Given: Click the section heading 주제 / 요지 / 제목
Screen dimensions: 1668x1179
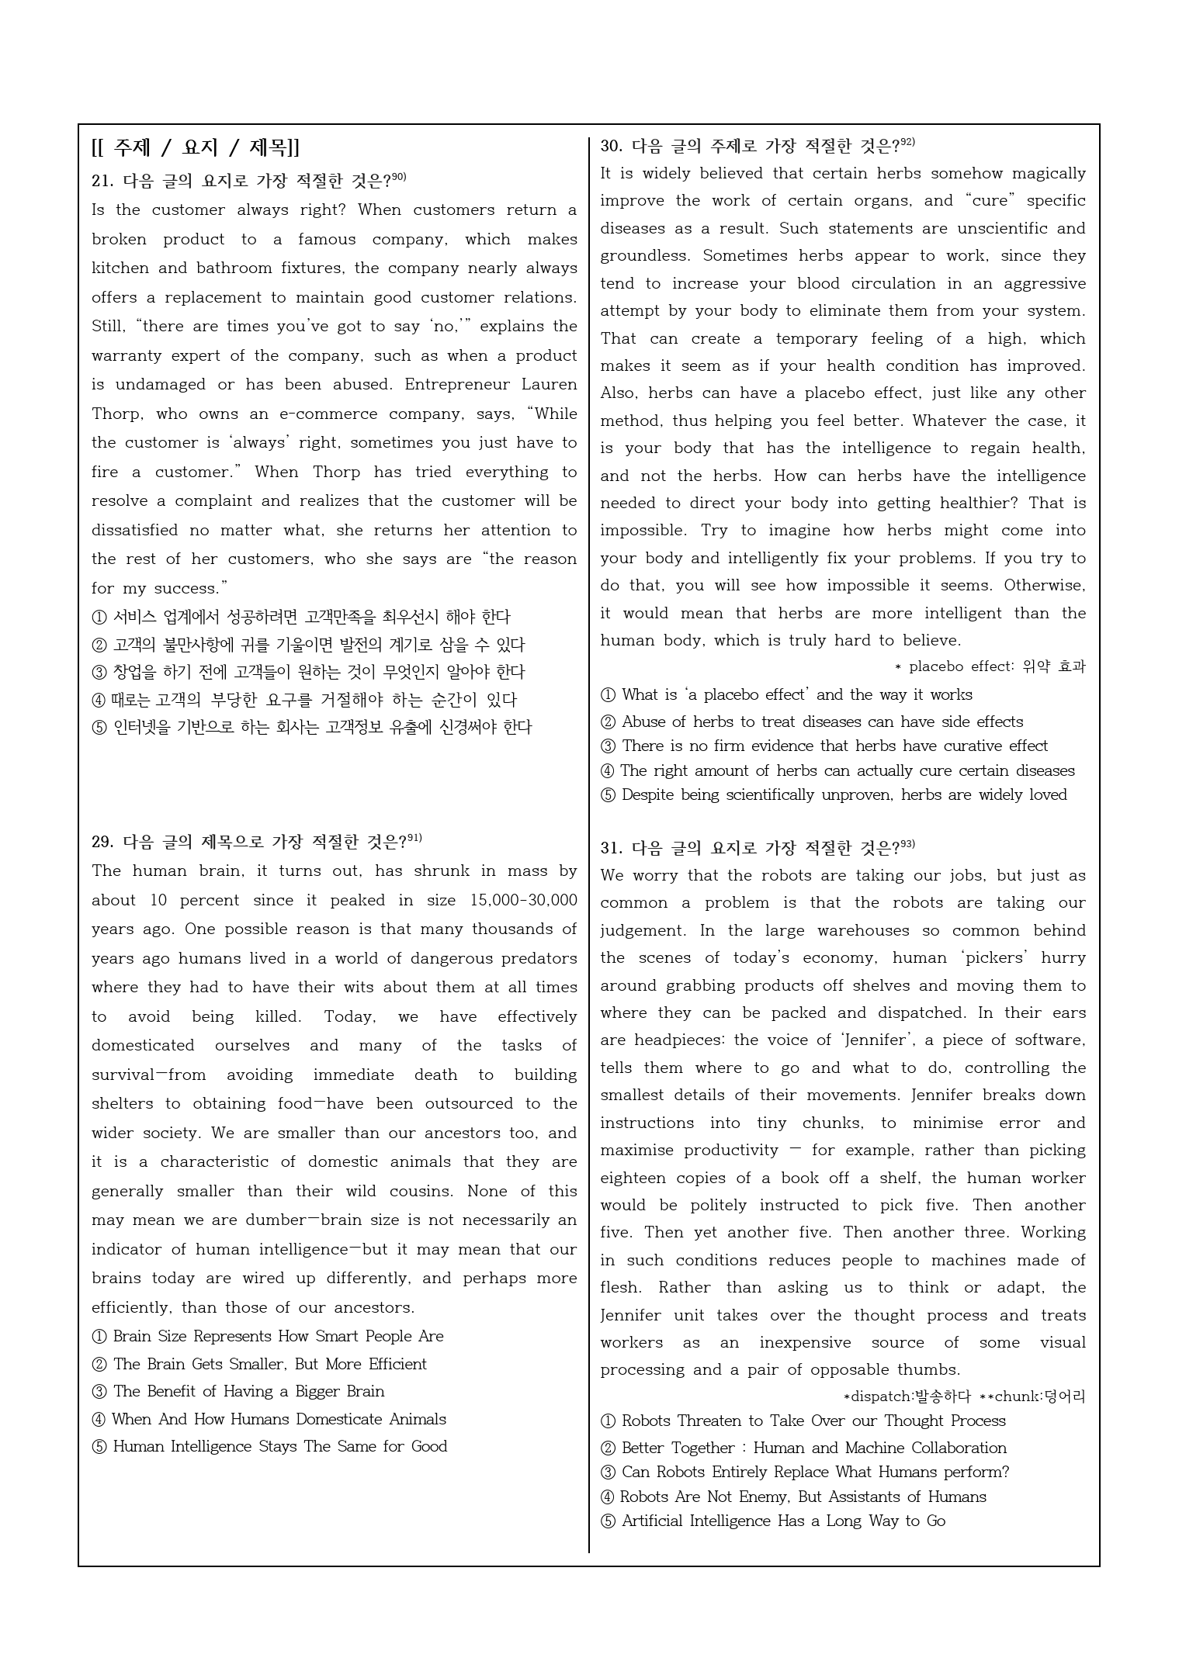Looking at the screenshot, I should pos(195,147).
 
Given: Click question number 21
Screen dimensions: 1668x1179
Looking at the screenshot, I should pos(102,182).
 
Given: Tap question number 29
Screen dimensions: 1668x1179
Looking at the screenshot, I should pos(102,843).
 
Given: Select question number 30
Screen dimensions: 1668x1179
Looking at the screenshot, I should pos(611,146).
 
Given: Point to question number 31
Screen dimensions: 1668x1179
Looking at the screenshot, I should pos(611,848).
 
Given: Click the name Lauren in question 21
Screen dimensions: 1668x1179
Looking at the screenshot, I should pos(549,385).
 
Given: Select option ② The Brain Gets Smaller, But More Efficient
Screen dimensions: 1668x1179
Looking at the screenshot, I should pos(259,1364).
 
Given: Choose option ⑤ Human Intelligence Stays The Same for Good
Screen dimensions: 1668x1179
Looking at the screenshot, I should pos(269,1446).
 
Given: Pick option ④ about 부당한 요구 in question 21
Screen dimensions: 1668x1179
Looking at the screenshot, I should pos(303,700).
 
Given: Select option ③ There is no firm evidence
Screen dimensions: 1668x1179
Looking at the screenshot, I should pos(824,746).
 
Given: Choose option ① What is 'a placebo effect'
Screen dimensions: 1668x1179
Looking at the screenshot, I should pos(786,695).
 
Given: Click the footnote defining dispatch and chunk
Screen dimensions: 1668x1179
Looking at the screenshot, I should pos(963,1396).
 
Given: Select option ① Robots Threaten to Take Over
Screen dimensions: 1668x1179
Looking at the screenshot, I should pos(803,1421).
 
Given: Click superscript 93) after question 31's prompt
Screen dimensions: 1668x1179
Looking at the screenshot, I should pos(907,844).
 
